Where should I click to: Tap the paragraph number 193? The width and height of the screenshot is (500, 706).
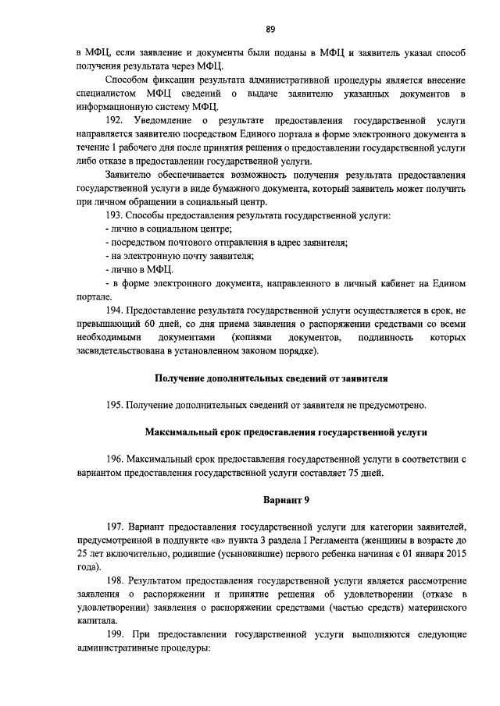(115, 215)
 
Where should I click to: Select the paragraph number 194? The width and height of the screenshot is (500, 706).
(115, 310)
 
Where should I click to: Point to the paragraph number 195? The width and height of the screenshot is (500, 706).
(115, 405)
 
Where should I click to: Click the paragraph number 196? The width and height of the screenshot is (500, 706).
(115, 460)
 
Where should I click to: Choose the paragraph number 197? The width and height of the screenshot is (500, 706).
(115, 527)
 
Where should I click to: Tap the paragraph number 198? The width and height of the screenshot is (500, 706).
(115, 582)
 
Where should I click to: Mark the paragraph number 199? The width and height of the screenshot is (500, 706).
(115, 637)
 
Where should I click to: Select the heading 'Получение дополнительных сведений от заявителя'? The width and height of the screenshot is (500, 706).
(270, 378)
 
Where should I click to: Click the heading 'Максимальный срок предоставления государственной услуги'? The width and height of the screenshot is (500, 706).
(270, 432)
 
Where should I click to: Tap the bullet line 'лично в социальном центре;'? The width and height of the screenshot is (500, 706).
(169, 229)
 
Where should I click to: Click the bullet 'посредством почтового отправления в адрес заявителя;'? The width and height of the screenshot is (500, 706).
(227, 242)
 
